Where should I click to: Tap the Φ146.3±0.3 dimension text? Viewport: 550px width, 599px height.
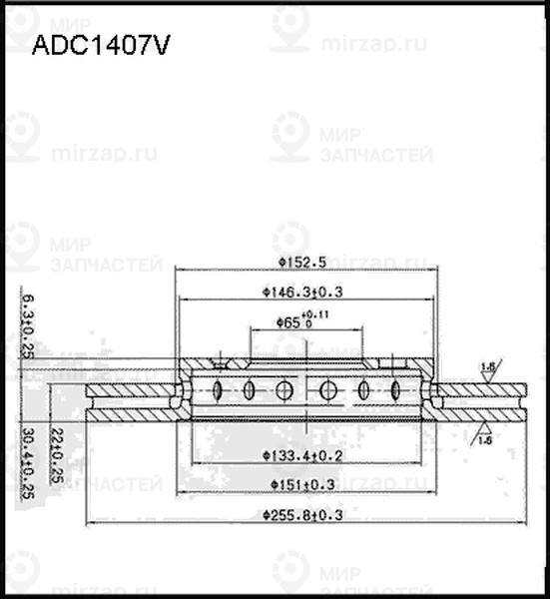pyautogui.click(x=302, y=292)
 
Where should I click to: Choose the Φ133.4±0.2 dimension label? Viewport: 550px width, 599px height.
pyautogui.click(x=302, y=455)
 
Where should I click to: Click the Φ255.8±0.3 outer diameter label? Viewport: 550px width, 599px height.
pyautogui.click(x=302, y=515)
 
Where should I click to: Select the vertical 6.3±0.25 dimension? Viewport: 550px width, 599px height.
pyautogui.click(x=27, y=323)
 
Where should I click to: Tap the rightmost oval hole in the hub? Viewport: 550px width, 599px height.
pyautogui.click(x=395, y=389)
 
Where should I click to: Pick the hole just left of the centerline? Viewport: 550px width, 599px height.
pyautogui.click(x=283, y=389)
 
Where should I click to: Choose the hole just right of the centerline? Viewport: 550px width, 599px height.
pyautogui.click(x=327, y=389)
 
